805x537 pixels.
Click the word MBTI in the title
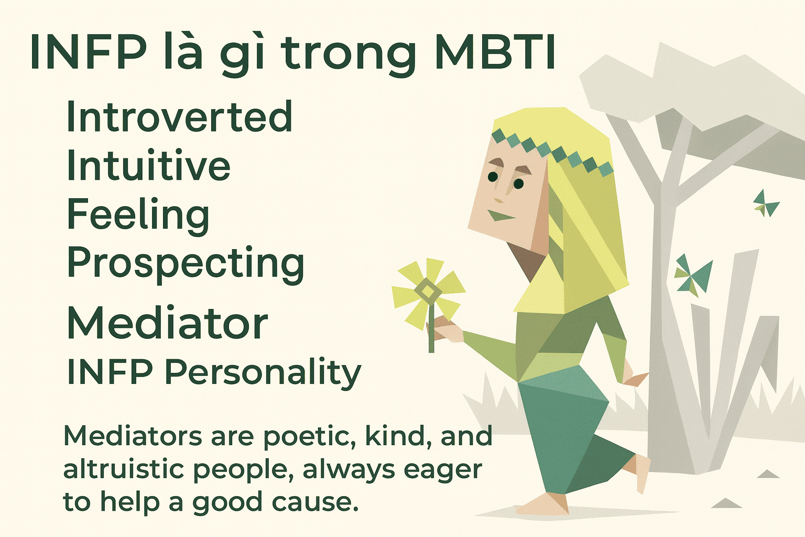pyautogui.click(x=495, y=52)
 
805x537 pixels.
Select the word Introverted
pyautogui.click(x=179, y=116)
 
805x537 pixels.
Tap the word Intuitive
pyautogui.click(x=148, y=164)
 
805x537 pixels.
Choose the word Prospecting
pyautogui.click(x=186, y=264)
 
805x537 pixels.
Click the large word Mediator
pyautogui.click(x=168, y=323)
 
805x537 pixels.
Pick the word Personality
pyautogui.click(x=263, y=373)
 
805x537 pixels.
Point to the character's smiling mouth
pyautogui.click(x=501, y=215)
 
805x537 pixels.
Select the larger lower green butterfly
pyautogui.click(x=692, y=276)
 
